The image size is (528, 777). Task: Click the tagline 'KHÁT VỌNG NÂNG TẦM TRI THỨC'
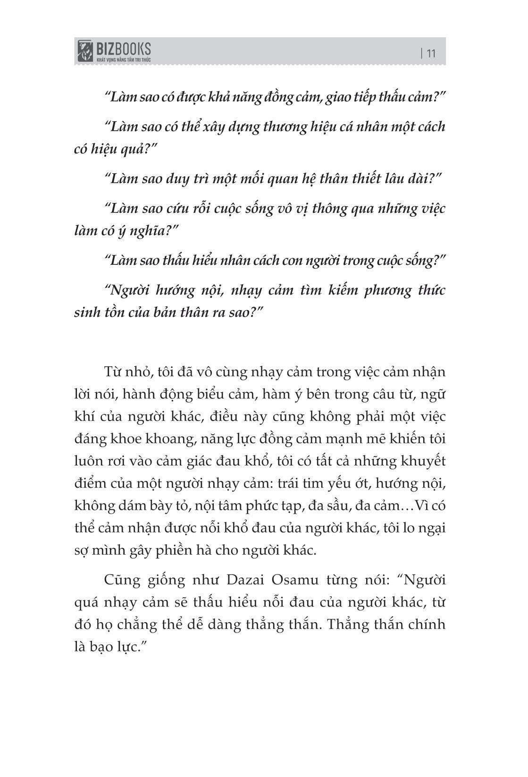[x=124, y=60]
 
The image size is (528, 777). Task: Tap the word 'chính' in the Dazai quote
[x=427, y=625]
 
